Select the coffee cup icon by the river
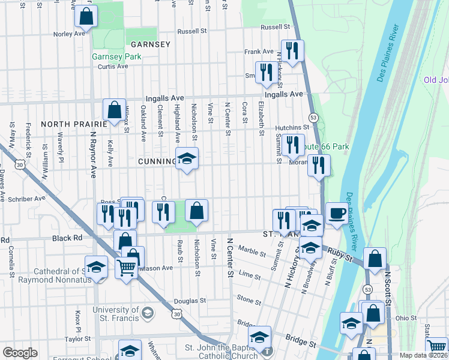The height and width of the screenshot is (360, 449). point(337,213)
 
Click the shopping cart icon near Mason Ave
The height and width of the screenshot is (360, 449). point(126,268)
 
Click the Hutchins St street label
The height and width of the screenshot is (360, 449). point(292,127)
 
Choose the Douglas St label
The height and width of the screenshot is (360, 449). point(190,301)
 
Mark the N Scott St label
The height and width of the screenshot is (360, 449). point(388,288)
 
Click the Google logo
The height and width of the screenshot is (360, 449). point(20,353)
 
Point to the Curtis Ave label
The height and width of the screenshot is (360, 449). point(113,66)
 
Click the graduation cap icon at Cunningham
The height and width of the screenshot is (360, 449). point(187,158)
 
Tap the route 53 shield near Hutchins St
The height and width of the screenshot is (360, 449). point(313,117)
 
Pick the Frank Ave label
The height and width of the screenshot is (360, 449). point(259,52)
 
